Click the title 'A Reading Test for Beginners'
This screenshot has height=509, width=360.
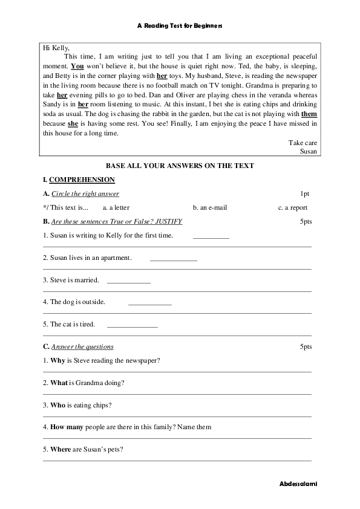click(x=180, y=26)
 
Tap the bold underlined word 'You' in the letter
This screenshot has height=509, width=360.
click(x=77, y=65)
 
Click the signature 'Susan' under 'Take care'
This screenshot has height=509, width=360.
click(x=309, y=152)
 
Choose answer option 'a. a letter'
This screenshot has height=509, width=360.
click(x=116, y=207)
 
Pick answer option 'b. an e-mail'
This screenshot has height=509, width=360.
click(x=210, y=207)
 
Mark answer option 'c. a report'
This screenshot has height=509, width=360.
click(x=293, y=207)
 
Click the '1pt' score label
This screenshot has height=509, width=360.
click(x=304, y=193)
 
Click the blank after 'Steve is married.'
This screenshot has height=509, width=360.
click(x=128, y=282)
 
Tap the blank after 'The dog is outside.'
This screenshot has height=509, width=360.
click(x=150, y=303)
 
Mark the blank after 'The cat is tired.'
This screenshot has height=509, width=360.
click(x=132, y=326)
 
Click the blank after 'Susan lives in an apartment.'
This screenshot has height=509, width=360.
click(x=173, y=259)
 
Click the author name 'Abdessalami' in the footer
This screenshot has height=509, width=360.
click(x=299, y=485)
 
